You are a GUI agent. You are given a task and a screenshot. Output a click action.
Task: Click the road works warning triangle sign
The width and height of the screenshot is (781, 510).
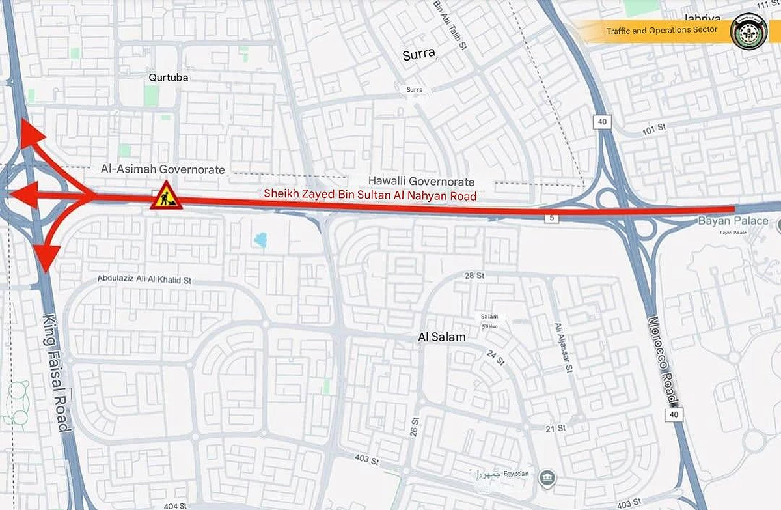click(166, 197)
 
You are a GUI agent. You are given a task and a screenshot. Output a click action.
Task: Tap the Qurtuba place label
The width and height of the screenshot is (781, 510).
click(168, 77)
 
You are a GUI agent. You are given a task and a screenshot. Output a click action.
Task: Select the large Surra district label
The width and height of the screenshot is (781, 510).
click(418, 54)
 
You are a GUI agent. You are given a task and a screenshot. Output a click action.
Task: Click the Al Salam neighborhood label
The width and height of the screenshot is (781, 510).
click(442, 337)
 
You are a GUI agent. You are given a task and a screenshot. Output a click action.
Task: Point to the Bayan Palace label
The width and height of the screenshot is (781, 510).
click(732, 221)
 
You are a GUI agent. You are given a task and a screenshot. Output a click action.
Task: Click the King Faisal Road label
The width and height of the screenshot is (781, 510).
click(56, 373)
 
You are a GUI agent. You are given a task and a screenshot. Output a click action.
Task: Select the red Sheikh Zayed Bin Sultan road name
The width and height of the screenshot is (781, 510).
click(370, 195)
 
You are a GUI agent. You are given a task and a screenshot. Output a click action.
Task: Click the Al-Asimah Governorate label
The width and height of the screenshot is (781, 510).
click(163, 169)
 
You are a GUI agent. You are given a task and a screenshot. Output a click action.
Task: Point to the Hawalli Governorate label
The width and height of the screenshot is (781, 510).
click(421, 181)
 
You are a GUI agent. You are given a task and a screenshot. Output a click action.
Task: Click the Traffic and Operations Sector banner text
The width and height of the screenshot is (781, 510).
click(661, 30)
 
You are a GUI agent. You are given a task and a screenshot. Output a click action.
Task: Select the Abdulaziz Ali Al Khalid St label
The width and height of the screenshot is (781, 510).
click(144, 279)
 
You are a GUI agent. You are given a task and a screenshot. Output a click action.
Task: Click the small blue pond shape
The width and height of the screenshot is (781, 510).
click(261, 240)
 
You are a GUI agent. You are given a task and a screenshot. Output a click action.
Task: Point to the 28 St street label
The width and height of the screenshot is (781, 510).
click(474, 276)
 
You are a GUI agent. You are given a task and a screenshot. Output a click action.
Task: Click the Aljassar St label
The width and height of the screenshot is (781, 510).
click(563, 349)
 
